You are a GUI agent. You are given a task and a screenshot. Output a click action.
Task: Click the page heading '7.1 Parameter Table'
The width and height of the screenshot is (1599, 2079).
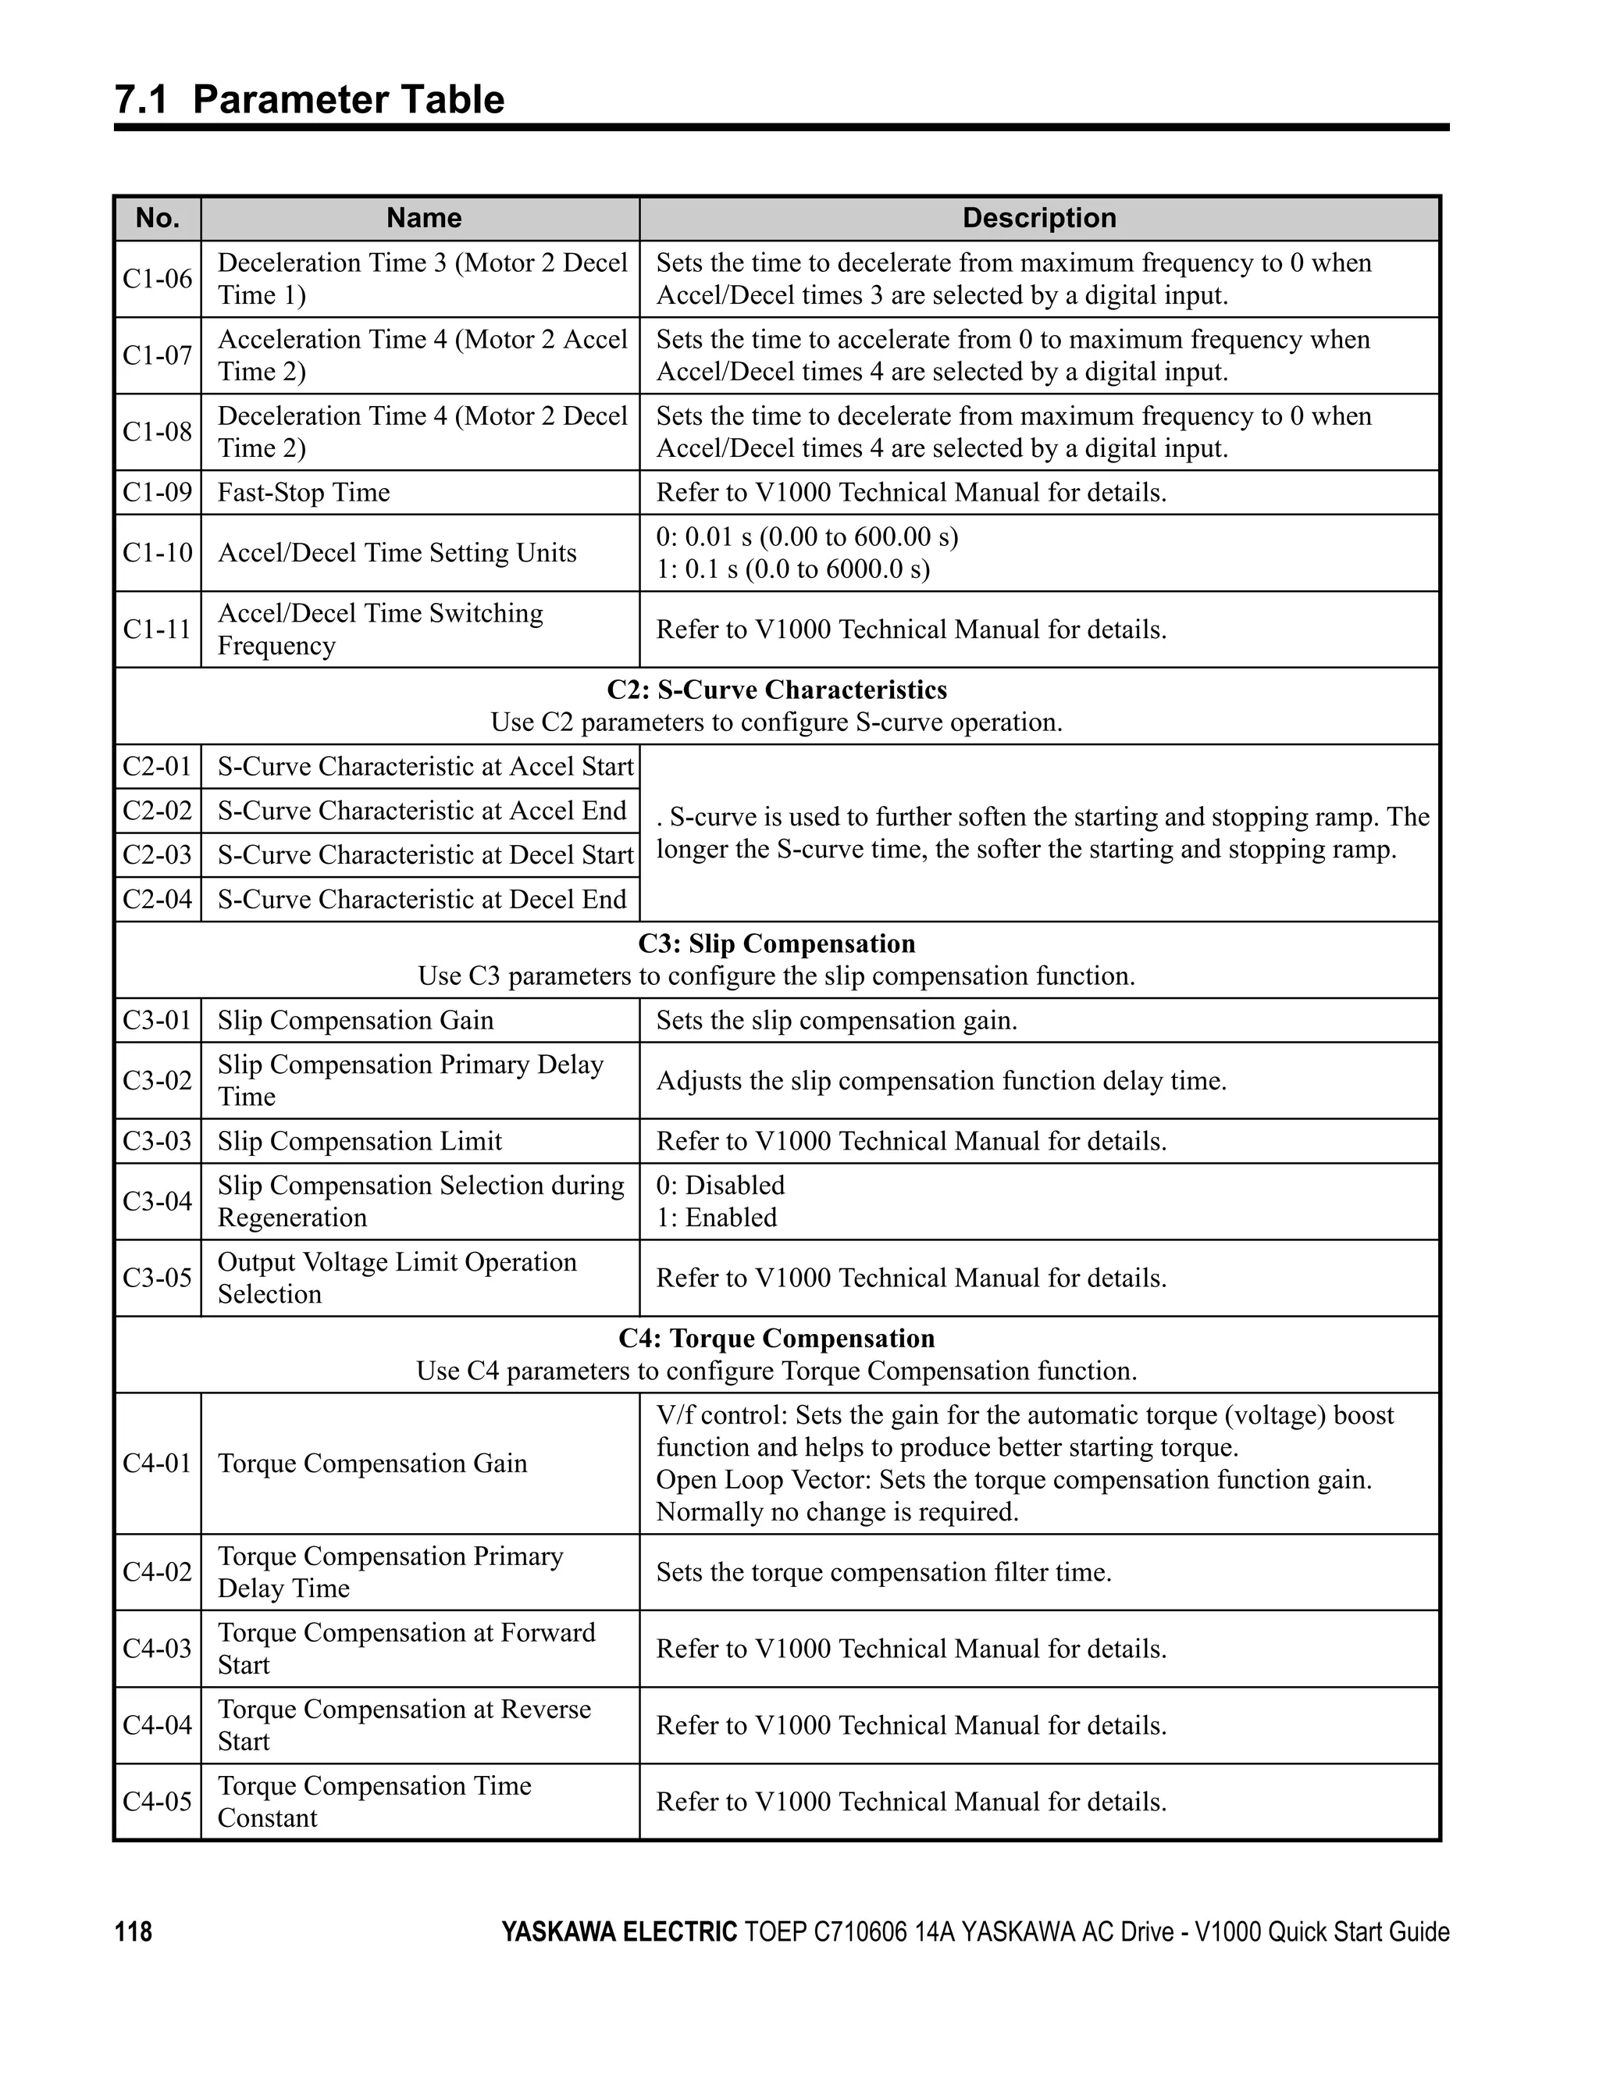[309, 100]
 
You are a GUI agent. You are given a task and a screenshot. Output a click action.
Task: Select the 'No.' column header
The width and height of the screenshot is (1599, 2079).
[158, 218]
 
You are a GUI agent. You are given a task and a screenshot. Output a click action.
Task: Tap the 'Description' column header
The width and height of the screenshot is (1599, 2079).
[1038, 218]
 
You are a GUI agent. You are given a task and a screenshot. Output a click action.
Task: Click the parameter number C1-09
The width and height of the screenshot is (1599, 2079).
[158, 493]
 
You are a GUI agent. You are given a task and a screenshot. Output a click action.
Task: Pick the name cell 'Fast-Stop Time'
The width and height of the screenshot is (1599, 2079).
[304, 493]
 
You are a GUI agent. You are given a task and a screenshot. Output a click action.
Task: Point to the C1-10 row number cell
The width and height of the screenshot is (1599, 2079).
[158, 553]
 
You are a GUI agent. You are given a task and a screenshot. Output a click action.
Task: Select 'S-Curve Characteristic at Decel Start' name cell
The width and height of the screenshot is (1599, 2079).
[425, 856]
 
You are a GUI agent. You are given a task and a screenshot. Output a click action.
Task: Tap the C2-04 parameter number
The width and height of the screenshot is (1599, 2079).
[158, 900]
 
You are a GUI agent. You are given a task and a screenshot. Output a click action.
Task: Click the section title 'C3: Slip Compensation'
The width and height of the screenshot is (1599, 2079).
[777, 944]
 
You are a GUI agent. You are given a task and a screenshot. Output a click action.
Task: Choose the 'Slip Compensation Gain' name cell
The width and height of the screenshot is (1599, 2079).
[355, 1021]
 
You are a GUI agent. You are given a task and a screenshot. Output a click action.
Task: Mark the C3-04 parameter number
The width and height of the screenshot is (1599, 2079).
[158, 1201]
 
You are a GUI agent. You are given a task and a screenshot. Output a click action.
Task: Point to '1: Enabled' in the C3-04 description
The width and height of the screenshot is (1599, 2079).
[716, 1218]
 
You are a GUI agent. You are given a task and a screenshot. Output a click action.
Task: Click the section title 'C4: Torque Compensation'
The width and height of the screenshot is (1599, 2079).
[777, 1339]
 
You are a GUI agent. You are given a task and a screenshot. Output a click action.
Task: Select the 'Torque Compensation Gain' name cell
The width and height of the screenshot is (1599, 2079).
[372, 1463]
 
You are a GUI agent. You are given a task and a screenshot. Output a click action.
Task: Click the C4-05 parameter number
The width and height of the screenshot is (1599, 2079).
[158, 1802]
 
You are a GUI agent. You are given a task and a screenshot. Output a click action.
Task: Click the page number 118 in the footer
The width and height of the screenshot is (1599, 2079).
[134, 1932]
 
